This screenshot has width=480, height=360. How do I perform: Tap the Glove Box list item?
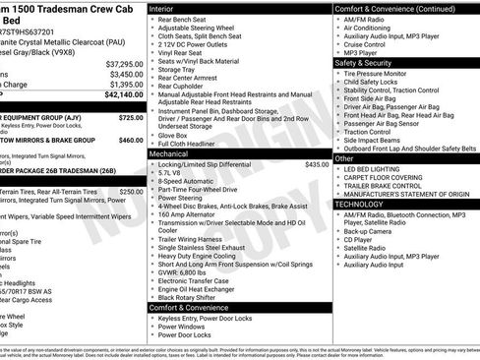[179, 136]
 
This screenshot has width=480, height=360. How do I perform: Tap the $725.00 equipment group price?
[130, 116]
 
